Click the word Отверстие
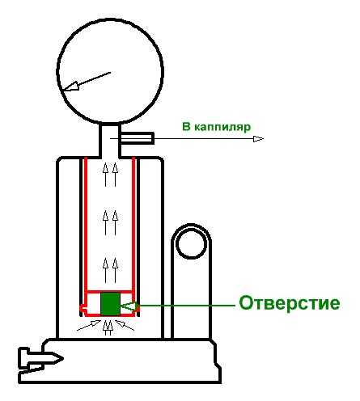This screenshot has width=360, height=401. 290,303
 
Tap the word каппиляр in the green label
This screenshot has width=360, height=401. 222,127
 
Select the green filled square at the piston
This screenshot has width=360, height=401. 110,304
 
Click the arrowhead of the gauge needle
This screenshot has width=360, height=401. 71,87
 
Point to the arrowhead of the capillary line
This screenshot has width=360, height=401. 258,139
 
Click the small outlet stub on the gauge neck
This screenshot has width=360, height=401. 137,138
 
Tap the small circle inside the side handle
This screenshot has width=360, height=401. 191,244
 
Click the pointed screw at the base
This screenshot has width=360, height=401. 40,359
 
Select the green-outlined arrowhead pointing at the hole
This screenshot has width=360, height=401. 129,306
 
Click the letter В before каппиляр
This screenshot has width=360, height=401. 186,127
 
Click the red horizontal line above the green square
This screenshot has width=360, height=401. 110,292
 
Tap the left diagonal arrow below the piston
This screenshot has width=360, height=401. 89,325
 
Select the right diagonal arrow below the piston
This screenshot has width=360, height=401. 125,325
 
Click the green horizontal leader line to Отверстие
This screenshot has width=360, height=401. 187,306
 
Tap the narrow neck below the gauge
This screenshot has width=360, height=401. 110,140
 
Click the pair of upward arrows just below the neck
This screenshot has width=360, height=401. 111,175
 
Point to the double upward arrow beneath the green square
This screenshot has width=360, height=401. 108,327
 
